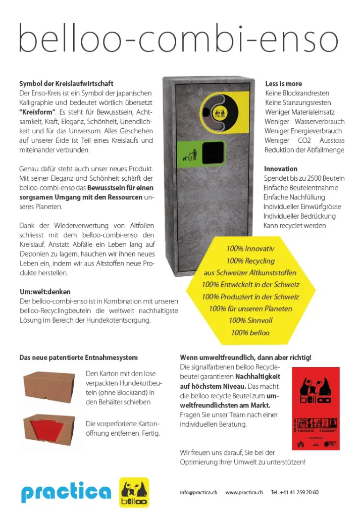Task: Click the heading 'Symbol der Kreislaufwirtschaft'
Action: [x=66, y=83]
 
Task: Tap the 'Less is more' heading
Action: [x=283, y=83]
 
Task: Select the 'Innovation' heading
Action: [x=281, y=169]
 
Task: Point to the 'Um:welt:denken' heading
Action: [x=45, y=292]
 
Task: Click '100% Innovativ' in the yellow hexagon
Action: [x=250, y=249]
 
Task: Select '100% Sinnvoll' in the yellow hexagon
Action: [x=250, y=321]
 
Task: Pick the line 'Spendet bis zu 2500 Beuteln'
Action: [x=304, y=178]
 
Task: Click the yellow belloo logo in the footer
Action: [x=134, y=492]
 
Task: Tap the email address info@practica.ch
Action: [x=198, y=492]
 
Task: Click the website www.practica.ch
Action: [x=244, y=492]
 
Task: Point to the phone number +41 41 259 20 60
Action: [x=294, y=492]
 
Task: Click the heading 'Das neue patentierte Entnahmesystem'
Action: [x=78, y=357]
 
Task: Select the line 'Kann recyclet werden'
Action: [x=295, y=225]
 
